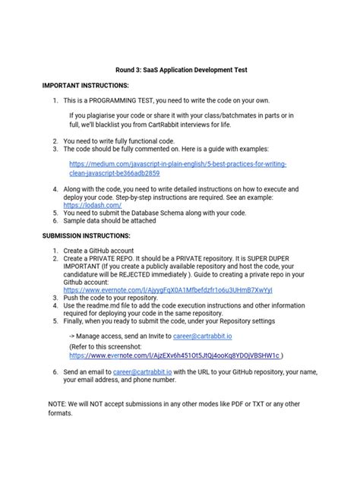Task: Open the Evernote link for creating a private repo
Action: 168,290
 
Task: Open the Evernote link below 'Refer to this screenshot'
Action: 175,354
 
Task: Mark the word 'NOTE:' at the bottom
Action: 57,403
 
